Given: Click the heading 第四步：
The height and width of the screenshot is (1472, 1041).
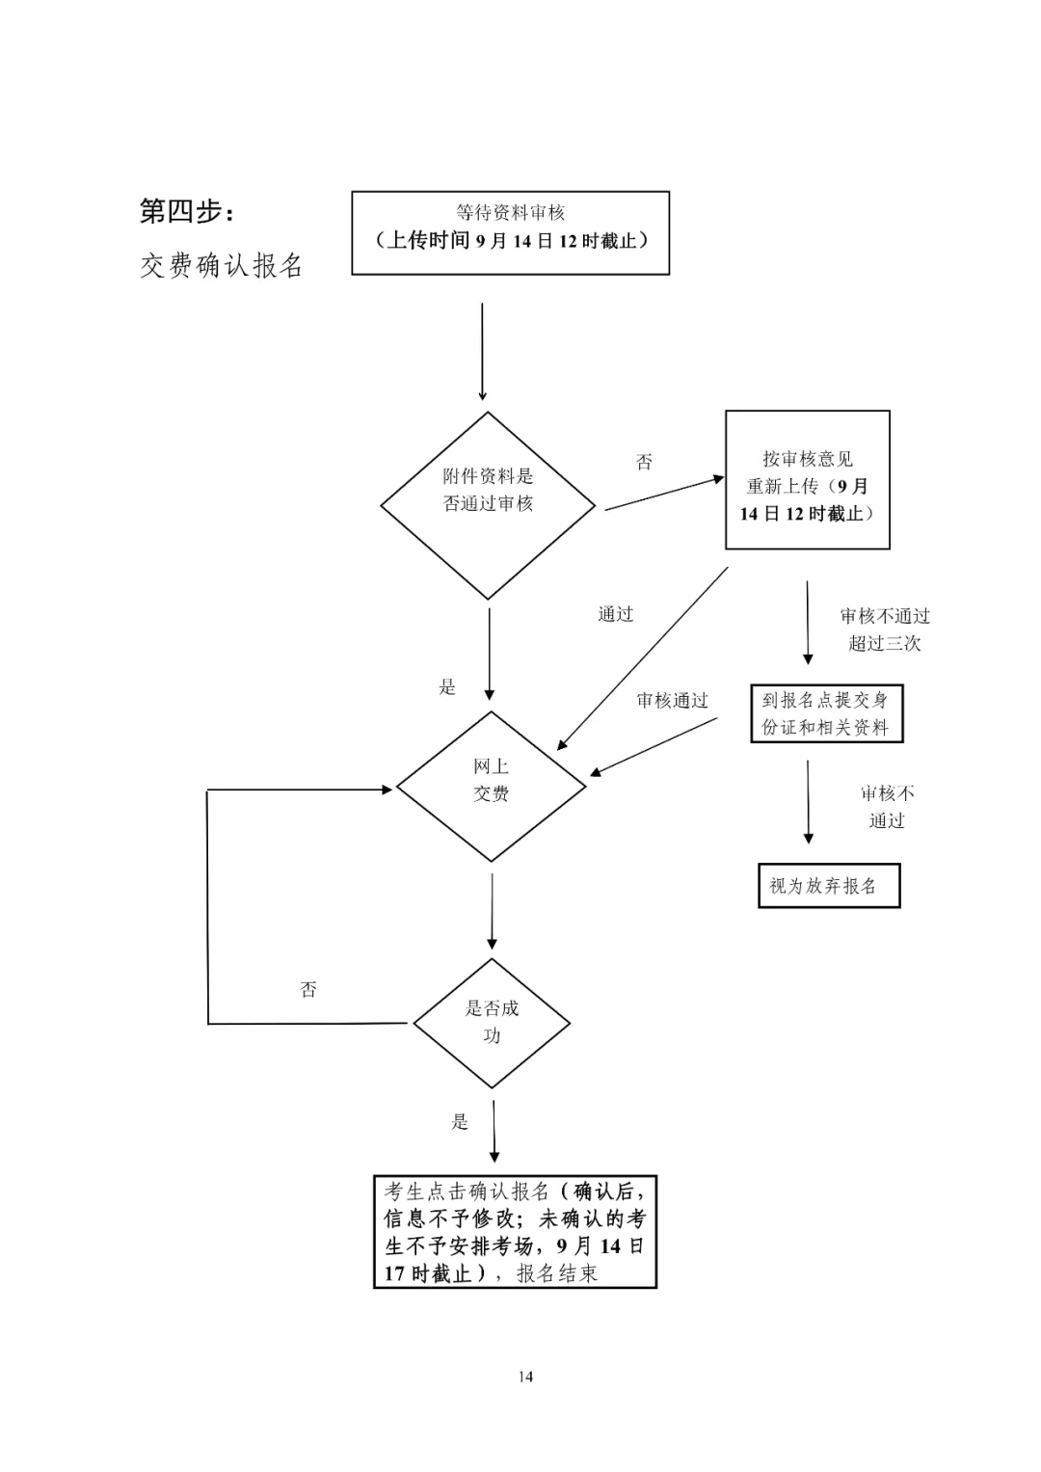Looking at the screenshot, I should (x=187, y=211).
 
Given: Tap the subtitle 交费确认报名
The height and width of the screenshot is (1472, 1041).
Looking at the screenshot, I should (x=222, y=265).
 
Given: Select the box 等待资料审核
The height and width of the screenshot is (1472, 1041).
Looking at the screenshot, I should (x=510, y=232).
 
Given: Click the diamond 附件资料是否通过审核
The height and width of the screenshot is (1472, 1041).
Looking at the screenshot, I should (x=488, y=505).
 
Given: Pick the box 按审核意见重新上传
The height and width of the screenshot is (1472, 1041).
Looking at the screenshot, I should (x=807, y=480).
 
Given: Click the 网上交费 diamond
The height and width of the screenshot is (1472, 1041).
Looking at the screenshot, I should (x=491, y=786).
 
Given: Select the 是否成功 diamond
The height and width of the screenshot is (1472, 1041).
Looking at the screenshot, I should (x=492, y=1023).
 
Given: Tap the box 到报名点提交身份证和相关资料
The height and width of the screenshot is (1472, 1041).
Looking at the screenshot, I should (x=826, y=714).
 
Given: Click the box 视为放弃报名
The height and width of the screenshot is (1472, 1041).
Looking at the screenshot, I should (x=828, y=886).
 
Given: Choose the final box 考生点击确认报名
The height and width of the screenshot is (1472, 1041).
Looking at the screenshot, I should (x=515, y=1232).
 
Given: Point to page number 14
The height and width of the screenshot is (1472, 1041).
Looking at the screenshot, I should (x=525, y=1377).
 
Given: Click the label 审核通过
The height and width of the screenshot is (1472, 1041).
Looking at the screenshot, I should (x=672, y=701).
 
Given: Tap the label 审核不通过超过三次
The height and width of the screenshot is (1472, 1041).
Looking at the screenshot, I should (x=885, y=629).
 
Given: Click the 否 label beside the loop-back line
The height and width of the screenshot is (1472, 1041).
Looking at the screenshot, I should (x=308, y=989).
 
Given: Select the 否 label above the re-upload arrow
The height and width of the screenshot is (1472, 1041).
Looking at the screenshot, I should (x=644, y=462).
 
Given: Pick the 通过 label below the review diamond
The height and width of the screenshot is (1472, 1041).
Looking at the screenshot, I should (x=616, y=614).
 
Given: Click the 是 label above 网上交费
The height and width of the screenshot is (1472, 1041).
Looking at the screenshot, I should (x=447, y=686).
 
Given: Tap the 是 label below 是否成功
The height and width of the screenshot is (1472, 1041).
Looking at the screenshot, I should (x=460, y=1121).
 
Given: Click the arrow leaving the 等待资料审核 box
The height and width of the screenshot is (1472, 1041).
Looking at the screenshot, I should (x=482, y=352).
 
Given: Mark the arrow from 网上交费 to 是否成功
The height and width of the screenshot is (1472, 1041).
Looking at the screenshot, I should (x=493, y=911).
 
